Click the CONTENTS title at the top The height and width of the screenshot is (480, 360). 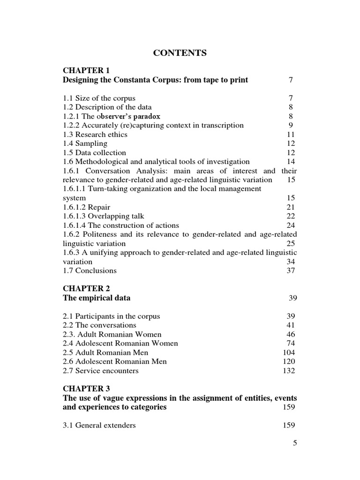(180, 53)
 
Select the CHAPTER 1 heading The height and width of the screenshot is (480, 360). (86, 71)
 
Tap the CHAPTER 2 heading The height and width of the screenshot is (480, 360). (86, 288)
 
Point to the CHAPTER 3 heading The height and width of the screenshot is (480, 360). (86, 389)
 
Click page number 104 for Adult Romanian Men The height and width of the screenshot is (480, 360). (289, 352)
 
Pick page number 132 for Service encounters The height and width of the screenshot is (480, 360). (289, 371)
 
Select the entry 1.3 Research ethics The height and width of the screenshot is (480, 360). (95, 135)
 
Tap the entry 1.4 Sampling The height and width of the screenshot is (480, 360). (85, 143)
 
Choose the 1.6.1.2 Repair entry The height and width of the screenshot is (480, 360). (87, 207)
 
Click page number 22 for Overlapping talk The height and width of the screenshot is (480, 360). (291, 216)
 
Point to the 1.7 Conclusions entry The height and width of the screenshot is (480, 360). (90, 270)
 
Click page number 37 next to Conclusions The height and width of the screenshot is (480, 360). (291, 270)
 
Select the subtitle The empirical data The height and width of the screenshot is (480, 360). (97, 298)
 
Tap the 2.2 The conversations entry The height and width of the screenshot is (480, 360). (99, 325)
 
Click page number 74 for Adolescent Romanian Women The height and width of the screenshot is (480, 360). (291, 343)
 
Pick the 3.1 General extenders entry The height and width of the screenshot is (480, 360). (99, 425)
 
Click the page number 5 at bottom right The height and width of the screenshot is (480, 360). (295, 443)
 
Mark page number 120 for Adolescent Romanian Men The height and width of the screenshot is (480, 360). (289, 361)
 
